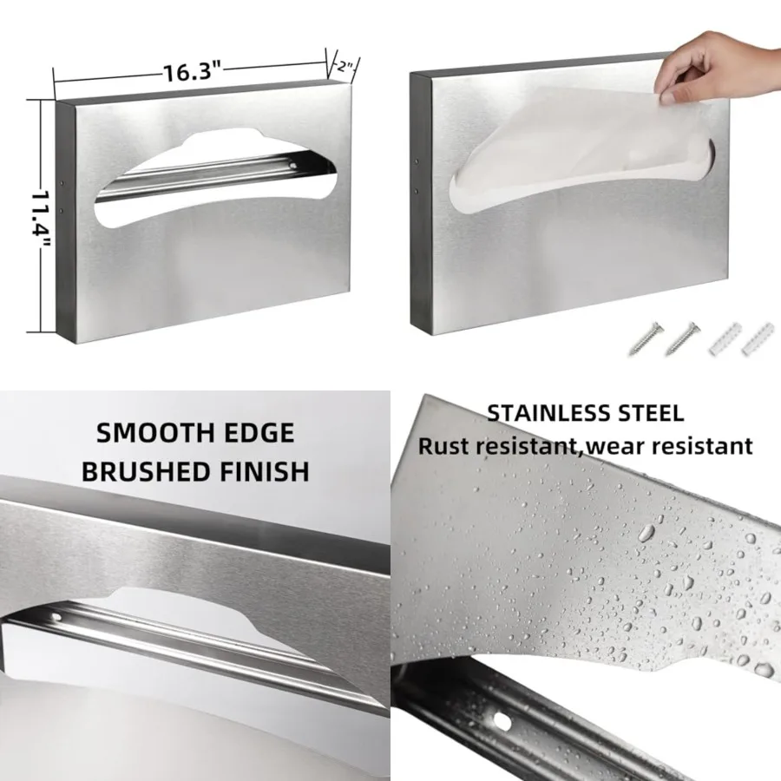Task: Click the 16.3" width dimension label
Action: click(x=193, y=72)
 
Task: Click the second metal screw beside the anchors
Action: click(x=683, y=338)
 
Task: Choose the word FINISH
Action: click(x=266, y=471)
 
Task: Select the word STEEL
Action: click(x=650, y=412)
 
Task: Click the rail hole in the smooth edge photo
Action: click(x=56, y=617)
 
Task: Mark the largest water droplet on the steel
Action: click(x=647, y=531)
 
